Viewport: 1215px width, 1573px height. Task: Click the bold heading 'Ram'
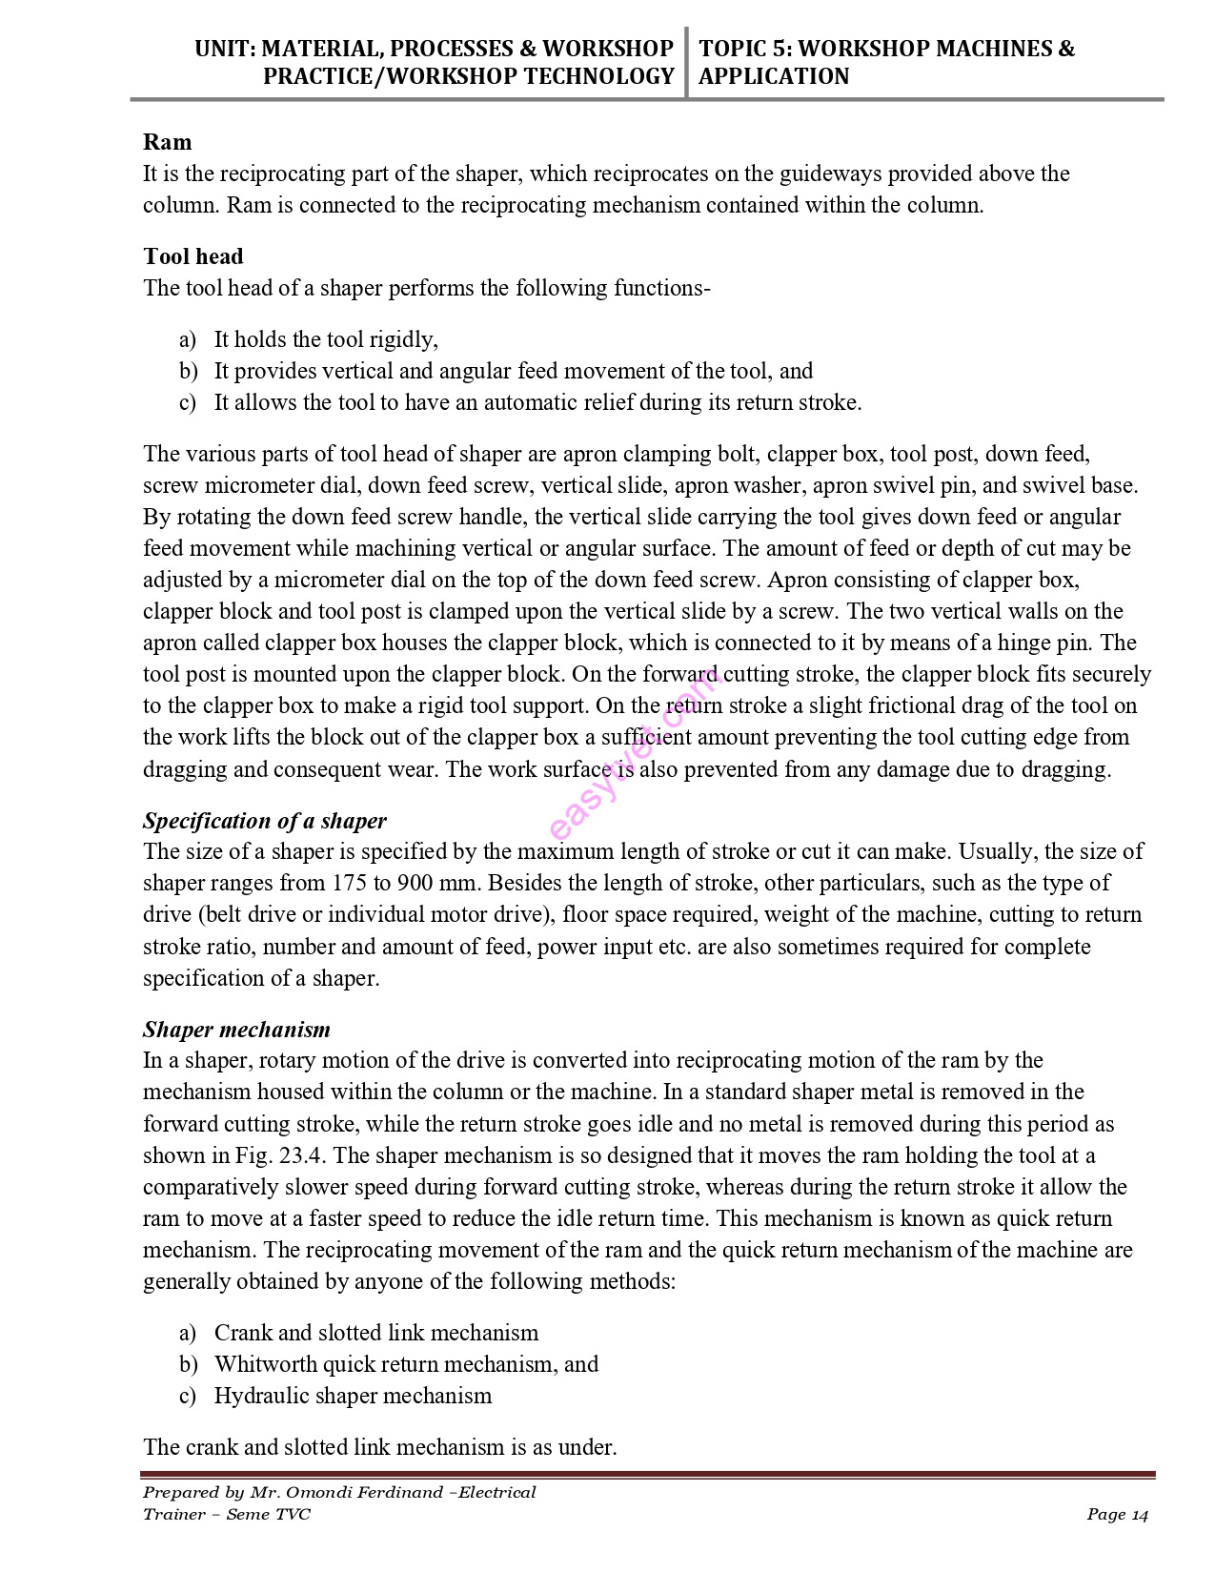click(x=168, y=142)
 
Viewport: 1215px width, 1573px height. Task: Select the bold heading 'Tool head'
click(x=193, y=256)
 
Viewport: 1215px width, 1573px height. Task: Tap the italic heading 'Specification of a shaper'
click(x=265, y=821)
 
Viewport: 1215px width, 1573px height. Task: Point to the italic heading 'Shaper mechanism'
click(x=236, y=1030)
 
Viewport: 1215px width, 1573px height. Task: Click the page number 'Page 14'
click(x=1118, y=1515)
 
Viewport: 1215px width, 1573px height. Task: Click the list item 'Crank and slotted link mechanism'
click(x=376, y=1333)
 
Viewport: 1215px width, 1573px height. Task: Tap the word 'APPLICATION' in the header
click(x=774, y=76)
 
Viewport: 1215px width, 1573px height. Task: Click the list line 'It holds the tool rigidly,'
click(x=326, y=339)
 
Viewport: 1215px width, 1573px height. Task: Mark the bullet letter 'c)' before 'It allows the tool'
click(x=188, y=402)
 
